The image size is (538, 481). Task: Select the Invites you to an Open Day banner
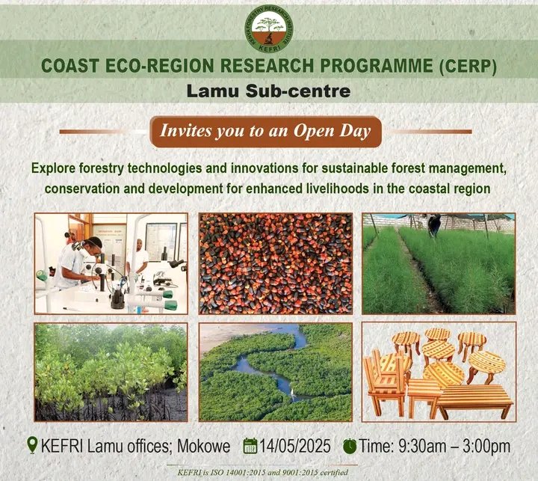265,131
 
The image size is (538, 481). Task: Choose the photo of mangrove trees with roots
111,372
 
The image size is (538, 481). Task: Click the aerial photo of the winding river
276,372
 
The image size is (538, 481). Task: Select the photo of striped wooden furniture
438,372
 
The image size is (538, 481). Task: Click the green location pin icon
31,446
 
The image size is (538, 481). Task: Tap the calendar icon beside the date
251,447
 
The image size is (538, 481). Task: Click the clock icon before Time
350,447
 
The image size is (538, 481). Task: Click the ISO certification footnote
269,471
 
